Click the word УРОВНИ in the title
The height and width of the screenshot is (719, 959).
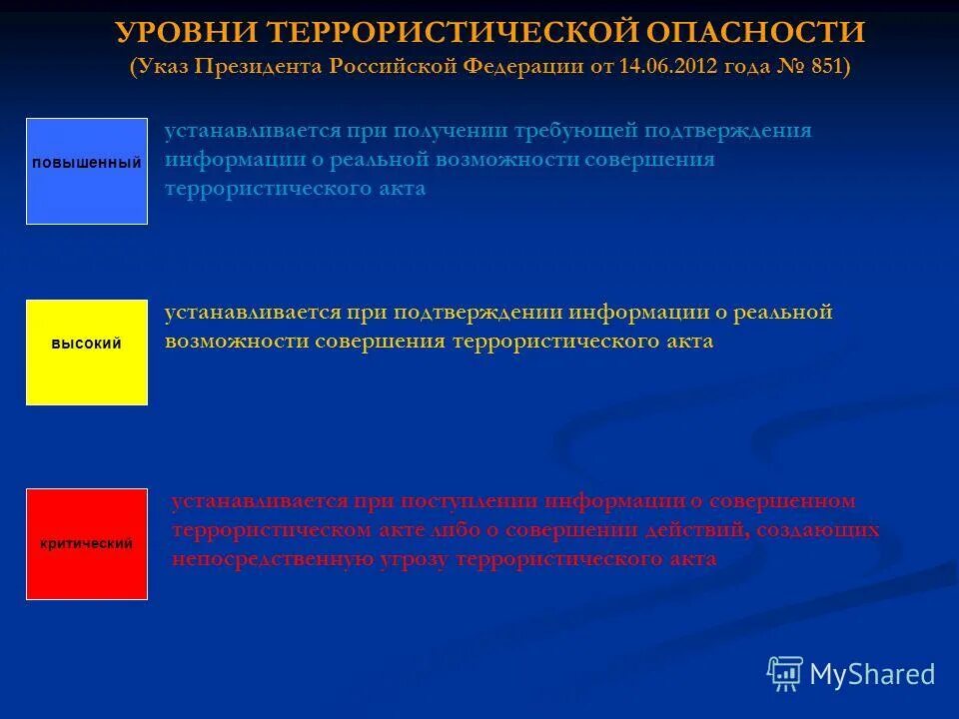tap(189, 33)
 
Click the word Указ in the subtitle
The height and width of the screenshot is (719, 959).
tap(164, 68)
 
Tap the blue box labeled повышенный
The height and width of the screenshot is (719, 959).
tap(87, 171)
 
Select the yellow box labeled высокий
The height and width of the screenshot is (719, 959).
tap(87, 353)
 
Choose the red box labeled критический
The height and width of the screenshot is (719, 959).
tap(87, 544)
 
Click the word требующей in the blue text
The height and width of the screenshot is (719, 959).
tap(580, 131)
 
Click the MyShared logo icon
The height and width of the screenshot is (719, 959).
tap(784, 674)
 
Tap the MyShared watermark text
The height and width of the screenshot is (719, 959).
tap(872, 675)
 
